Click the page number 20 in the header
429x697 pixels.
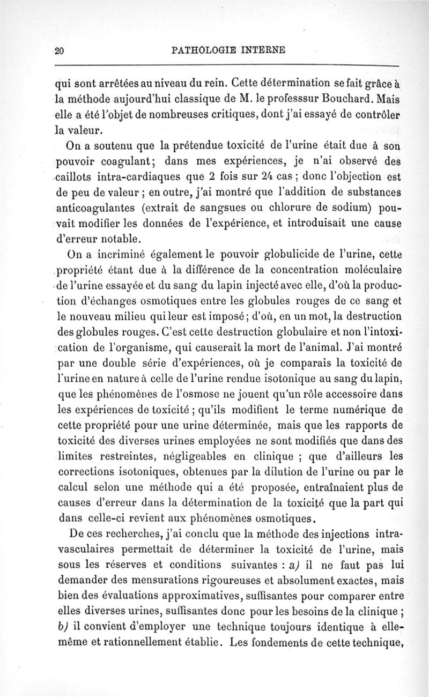click(60, 50)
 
